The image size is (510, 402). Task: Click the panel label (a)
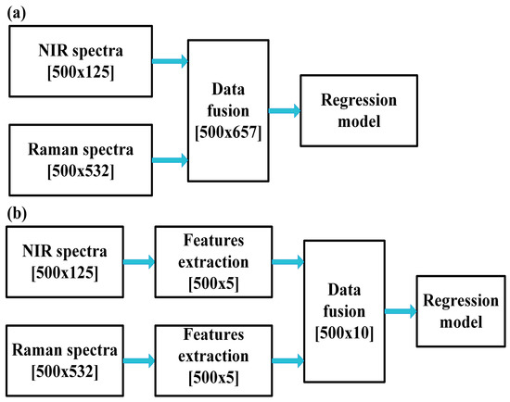pyautogui.click(x=17, y=12)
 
